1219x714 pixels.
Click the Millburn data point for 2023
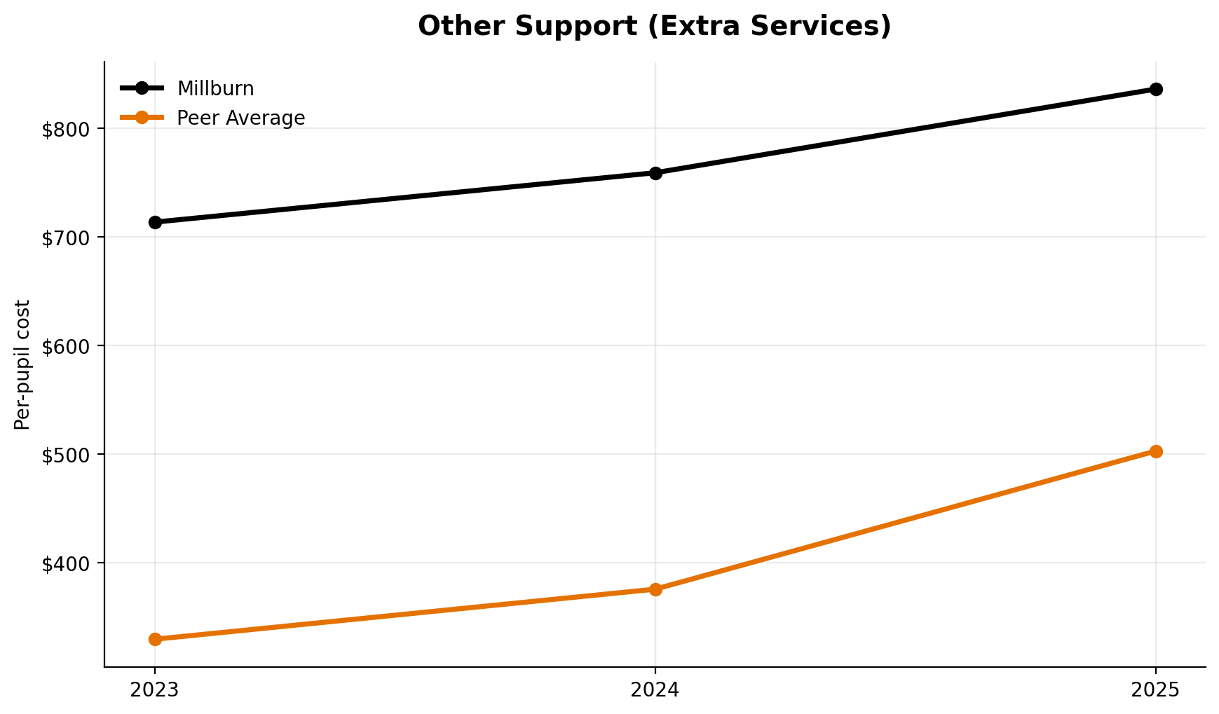[155, 222]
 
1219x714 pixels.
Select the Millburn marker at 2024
[655, 173]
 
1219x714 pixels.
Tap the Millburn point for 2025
[1156, 89]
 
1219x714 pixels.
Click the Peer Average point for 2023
[155, 639]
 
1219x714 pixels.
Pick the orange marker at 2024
[655, 589]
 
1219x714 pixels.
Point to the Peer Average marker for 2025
[1156, 451]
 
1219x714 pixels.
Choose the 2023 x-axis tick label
[155, 690]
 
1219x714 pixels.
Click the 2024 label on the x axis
[655, 690]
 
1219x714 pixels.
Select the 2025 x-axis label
[1156, 690]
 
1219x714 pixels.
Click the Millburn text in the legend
[215, 89]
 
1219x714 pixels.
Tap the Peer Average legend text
[240, 118]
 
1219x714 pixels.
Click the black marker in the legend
[142, 88]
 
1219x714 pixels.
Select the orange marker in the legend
[142, 118]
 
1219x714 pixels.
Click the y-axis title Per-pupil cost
[22, 364]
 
